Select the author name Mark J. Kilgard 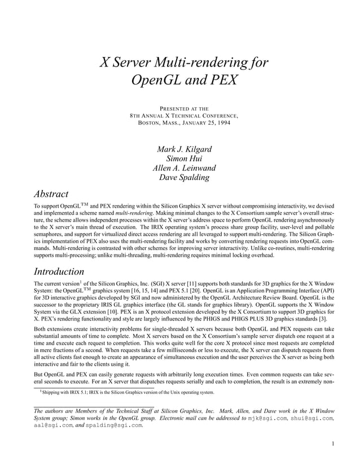180,150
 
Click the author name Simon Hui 180,159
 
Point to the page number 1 334,443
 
